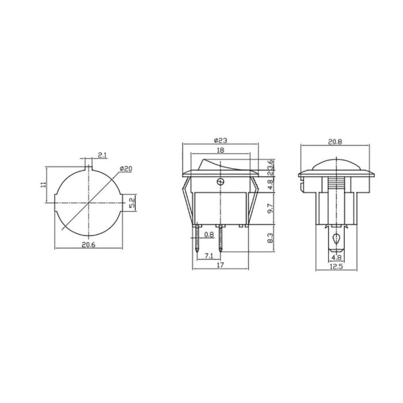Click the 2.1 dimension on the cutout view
101,155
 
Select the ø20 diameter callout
126,168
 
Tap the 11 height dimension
43,184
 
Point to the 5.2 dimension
132,203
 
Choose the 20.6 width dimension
89,244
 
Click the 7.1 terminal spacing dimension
208,255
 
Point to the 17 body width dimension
220,266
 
